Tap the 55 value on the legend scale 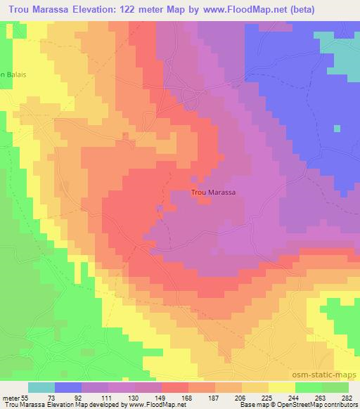25,397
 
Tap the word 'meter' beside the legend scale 10,397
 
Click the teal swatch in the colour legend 41,387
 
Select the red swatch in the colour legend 174,387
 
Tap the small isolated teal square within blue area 337,129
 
